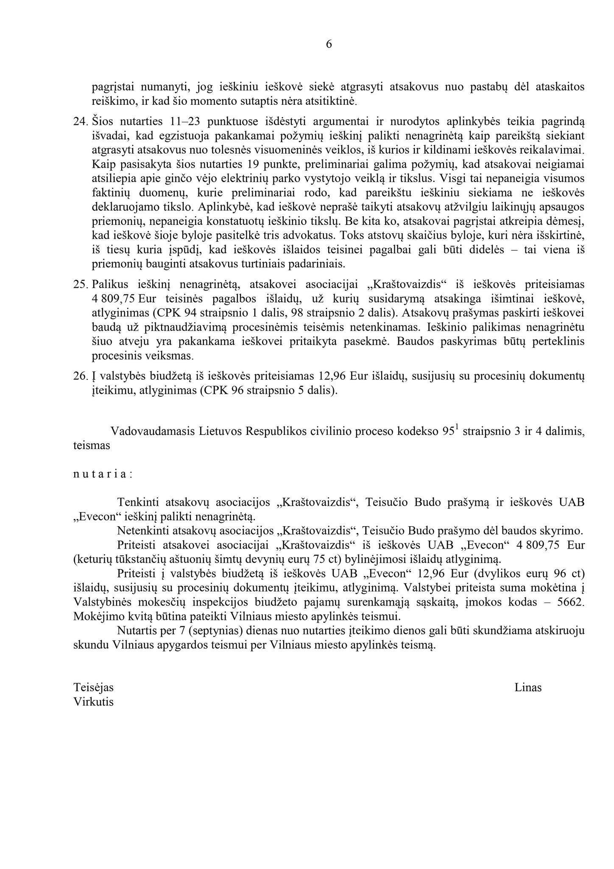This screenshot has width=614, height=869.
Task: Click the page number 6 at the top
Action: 329,44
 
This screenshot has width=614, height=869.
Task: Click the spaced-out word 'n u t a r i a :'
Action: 103,474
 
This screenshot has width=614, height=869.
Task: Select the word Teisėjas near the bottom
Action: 93,687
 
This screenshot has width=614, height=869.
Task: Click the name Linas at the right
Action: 528,687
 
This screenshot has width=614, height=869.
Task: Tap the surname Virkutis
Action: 93,702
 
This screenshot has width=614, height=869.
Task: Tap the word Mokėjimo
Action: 93,616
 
